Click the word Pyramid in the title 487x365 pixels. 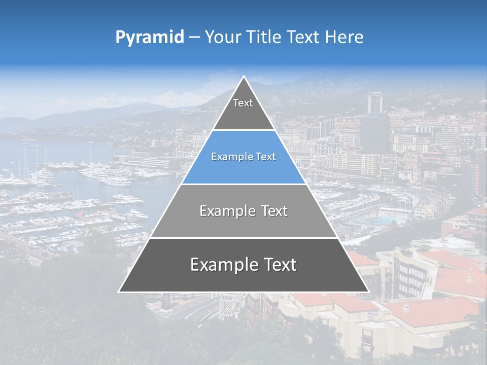click(x=150, y=38)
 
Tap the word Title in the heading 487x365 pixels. click(x=267, y=37)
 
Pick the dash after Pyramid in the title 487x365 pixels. click(x=194, y=38)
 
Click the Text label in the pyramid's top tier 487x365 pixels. click(x=243, y=103)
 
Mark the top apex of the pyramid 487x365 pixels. click(x=243, y=77)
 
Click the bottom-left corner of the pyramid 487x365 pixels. click(x=119, y=291)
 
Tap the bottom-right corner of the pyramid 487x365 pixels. click(x=368, y=291)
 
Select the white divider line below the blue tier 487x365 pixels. click(x=243, y=184)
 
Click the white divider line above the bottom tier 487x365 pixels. click(x=243, y=238)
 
